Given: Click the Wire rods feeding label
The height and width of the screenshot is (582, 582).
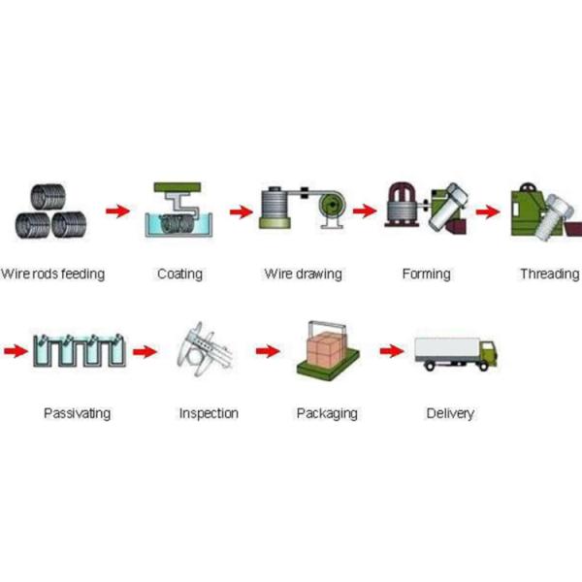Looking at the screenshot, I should pyautogui.click(x=53, y=275).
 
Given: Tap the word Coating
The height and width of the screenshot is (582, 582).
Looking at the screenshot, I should pyautogui.click(x=179, y=275).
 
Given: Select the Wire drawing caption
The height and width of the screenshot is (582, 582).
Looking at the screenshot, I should pyautogui.click(x=303, y=275).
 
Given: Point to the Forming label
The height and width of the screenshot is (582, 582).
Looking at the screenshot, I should pyautogui.click(x=426, y=275).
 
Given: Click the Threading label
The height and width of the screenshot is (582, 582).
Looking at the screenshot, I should pyautogui.click(x=549, y=275).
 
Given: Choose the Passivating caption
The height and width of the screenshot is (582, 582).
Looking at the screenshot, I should pyautogui.click(x=77, y=413).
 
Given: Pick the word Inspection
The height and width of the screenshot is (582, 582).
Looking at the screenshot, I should pyautogui.click(x=209, y=413).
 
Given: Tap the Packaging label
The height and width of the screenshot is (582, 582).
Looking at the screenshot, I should pyautogui.click(x=326, y=413).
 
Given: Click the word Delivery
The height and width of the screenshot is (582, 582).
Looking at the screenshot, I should pyautogui.click(x=450, y=413).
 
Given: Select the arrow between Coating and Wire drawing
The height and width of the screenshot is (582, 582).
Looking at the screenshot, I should pyautogui.click(x=241, y=210).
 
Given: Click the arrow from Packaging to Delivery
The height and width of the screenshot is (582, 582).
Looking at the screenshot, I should pyautogui.click(x=391, y=350).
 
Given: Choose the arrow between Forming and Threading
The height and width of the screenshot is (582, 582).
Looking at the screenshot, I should pyautogui.click(x=492, y=210).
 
